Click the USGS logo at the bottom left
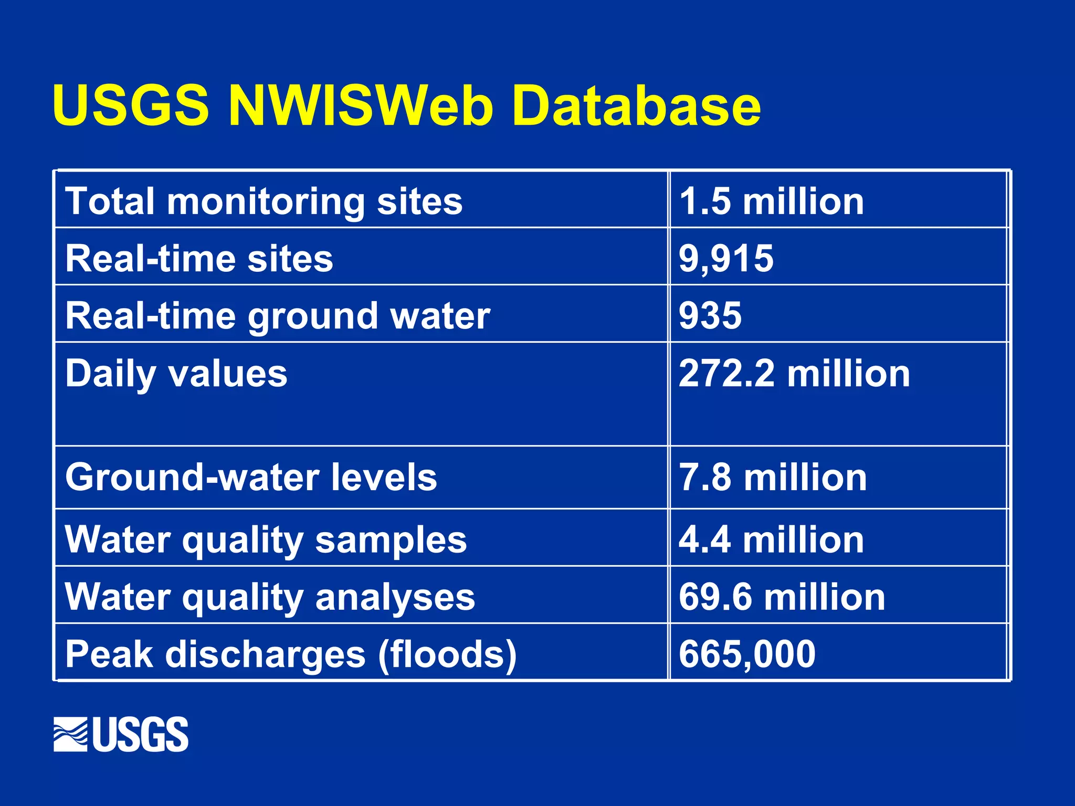[x=121, y=734]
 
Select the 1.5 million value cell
[x=771, y=201]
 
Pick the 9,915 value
[x=726, y=259]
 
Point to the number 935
[x=710, y=316]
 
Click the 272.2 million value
[x=794, y=374]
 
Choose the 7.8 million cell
[x=773, y=478]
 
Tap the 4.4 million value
[x=771, y=540]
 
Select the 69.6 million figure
[x=782, y=597]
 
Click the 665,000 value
[x=747, y=654]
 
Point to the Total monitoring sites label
[x=264, y=201]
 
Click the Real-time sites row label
[x=199, y=259]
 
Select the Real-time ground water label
[x=278, y=316]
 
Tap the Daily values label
[x=176, y=374]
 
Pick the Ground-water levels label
[x=251, y=478]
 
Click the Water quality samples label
[x=266, y=540]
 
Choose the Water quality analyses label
[x=270, y=597]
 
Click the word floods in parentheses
[x=447, y=655]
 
